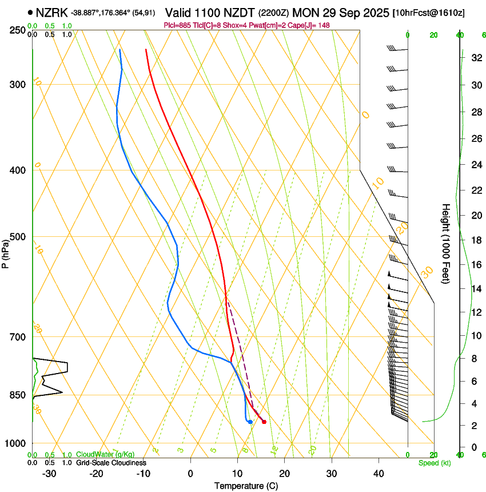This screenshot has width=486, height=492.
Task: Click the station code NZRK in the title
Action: (x=51, y=12)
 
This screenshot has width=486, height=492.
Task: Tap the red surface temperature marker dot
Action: (x=264, y=422)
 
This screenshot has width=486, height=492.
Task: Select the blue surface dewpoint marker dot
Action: (x=250, y=422)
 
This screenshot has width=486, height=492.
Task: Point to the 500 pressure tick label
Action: (x=17, y=237)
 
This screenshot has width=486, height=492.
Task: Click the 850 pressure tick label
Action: (x=17, y=395)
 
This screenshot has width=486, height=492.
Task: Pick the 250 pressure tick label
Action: (x=17, y=30)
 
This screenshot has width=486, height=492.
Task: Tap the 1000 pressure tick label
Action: (x=15, y=443)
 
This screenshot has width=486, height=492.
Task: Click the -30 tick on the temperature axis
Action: (x=49, y=474)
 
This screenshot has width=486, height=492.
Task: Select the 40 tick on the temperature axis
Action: (x=378, y=474)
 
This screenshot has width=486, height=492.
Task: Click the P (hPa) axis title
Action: (x=5, y=251)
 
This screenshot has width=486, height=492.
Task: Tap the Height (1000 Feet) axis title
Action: (x=446, y=243)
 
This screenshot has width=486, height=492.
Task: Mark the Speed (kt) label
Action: (x=434, y=463)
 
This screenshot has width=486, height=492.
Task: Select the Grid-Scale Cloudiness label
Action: (x=111, y=462)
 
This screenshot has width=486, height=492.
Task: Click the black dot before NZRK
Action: (x=30, y=12)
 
